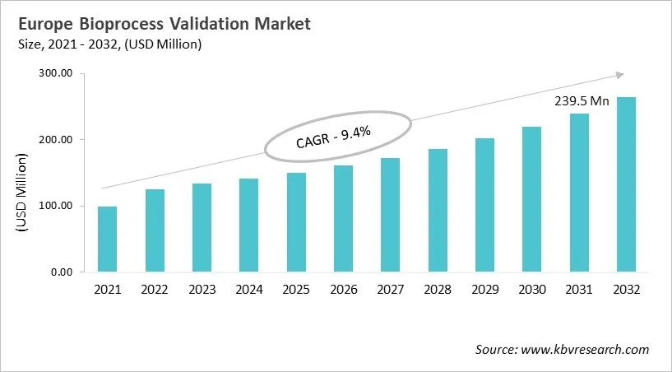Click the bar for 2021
pyautogui.click(x=107, y=239)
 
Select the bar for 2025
pyautogui.click(x=296, y=222)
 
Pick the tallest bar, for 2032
pyautogui.click(x=626, y=184)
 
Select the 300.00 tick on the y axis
pyautogui.click(x=57, y=74)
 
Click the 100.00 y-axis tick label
pyautogui.click(x=57, y=206)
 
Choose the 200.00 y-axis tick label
pyautogui.click(x=57, y=140)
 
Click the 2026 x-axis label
pyautogui.click(x=343, y=290)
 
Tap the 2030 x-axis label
pyautogui.click(x=531, y=290)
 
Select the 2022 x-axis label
pyautogui.click(x=155, y=290)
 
